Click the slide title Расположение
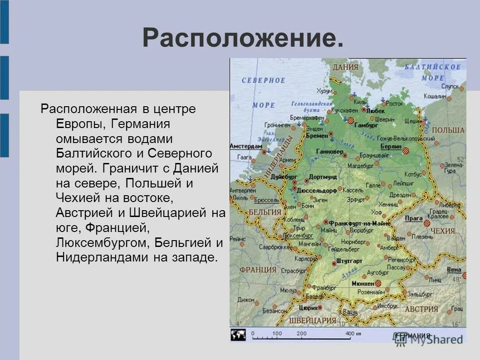point(243,38)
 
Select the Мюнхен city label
point(362,283)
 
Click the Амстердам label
point(246,147)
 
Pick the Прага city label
point(414,218)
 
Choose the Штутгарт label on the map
point(350,261)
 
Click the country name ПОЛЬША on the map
point(448,130)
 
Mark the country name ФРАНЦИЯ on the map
point(258,270)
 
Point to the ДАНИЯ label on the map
point(345,67)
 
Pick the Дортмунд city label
point(323,177)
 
